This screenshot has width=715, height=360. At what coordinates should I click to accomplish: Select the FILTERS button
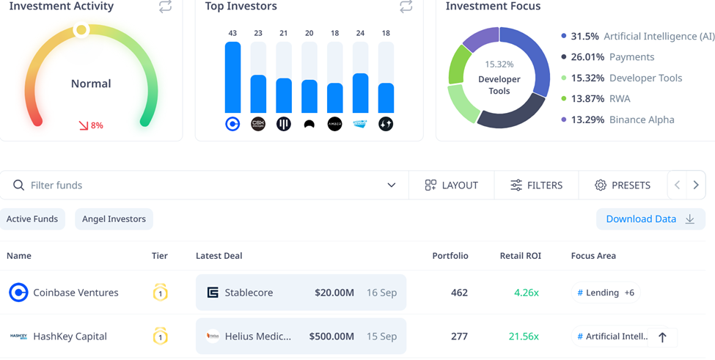[536, 185]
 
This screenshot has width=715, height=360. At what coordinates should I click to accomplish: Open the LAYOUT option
[451, 185]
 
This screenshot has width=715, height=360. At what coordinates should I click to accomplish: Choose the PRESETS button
[622, 185]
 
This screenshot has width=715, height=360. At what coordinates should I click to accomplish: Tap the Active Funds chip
[32, 218]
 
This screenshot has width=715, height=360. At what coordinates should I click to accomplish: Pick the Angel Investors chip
[114, 218]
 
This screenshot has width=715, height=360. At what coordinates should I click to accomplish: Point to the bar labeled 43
[232, 78]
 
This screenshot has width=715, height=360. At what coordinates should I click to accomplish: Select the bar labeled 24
[360, 92]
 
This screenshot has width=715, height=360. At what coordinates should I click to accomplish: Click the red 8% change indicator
[91, 125]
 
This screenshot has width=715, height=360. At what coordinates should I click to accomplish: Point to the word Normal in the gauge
[91, 84]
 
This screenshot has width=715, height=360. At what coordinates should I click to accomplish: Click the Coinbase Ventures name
[76, 293]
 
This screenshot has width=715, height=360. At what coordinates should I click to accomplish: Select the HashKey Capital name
[70, 337]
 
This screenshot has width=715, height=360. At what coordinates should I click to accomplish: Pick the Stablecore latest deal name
[249, 293]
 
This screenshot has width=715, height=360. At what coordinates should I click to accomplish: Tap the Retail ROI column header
[520, 256]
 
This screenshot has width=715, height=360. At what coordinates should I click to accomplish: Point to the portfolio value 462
[459, 293]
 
